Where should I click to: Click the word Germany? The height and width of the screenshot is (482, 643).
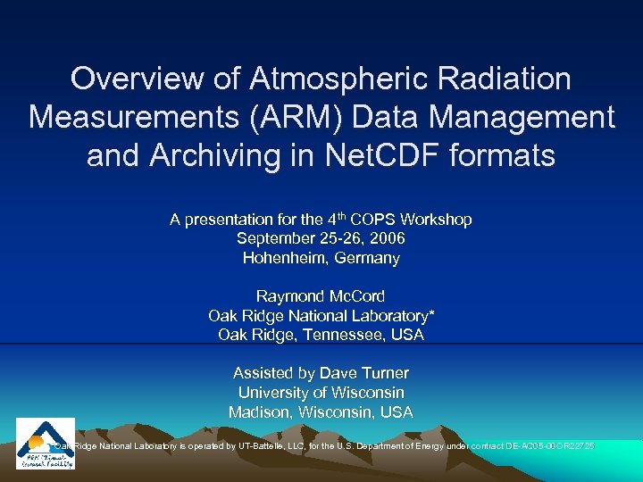coord(366,258)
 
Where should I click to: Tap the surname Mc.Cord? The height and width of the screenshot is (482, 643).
coord(357,296)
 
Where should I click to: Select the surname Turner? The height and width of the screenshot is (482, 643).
coord(381,373)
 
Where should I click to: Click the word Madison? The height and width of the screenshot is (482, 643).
coord(259,412)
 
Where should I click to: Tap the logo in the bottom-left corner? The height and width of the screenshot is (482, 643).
coord(46,443)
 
